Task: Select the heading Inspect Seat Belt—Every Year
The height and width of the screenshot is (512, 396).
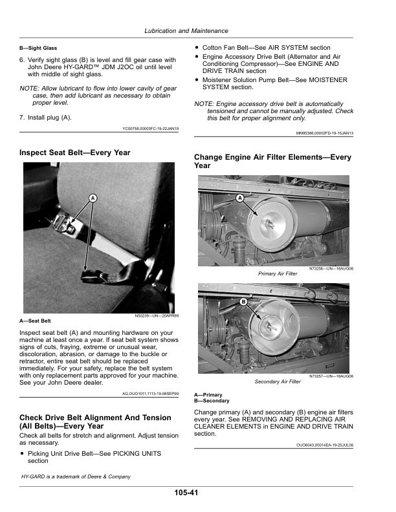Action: coord(75,153)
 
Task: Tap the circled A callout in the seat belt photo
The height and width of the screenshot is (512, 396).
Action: coord(92,197)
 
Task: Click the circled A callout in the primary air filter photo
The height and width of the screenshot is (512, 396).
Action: coord(240,197)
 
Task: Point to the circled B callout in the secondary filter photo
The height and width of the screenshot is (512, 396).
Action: coord(244,302)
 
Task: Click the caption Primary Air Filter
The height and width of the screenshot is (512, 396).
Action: coord(277,273)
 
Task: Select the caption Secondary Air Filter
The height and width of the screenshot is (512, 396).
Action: coord(277,381)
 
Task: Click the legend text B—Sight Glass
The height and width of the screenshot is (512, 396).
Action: coord(38,48)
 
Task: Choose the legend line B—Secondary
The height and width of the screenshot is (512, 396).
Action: coord(212,401)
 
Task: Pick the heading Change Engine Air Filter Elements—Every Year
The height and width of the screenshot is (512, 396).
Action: coord(272,161)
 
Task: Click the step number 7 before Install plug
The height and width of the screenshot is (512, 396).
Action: coord(22,117)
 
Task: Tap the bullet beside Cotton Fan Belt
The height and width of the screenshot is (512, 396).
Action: coord(197,48)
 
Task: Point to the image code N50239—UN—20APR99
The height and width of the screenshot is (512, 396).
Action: coord(157,316)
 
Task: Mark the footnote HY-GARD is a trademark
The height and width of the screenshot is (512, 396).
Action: coord(76,476)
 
